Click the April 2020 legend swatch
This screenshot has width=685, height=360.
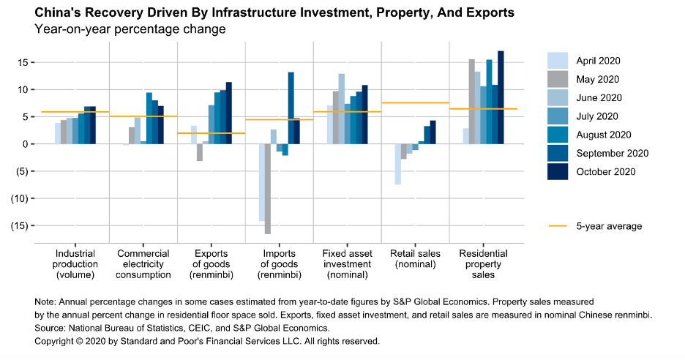[x=558, y=61]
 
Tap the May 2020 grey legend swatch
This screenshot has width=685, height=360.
[x=558, y=79]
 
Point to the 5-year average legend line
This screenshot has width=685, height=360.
[x=558, y=226]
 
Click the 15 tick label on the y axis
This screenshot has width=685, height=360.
[x=23, y=62]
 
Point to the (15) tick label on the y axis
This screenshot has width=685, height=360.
[x=19, y=225]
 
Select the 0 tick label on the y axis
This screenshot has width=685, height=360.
[x=25, y=144]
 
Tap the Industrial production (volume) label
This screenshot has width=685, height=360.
[x=75, y=264]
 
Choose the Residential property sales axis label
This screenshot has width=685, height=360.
[x=483, y=264]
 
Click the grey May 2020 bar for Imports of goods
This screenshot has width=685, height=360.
[x=269, y=189]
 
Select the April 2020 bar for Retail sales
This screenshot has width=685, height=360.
[x=397, y=164]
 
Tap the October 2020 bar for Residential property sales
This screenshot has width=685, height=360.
[x=501, y=97]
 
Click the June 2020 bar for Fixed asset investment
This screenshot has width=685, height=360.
[x=341, y=109]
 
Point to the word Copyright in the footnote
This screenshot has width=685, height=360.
[x=55, y=342]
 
